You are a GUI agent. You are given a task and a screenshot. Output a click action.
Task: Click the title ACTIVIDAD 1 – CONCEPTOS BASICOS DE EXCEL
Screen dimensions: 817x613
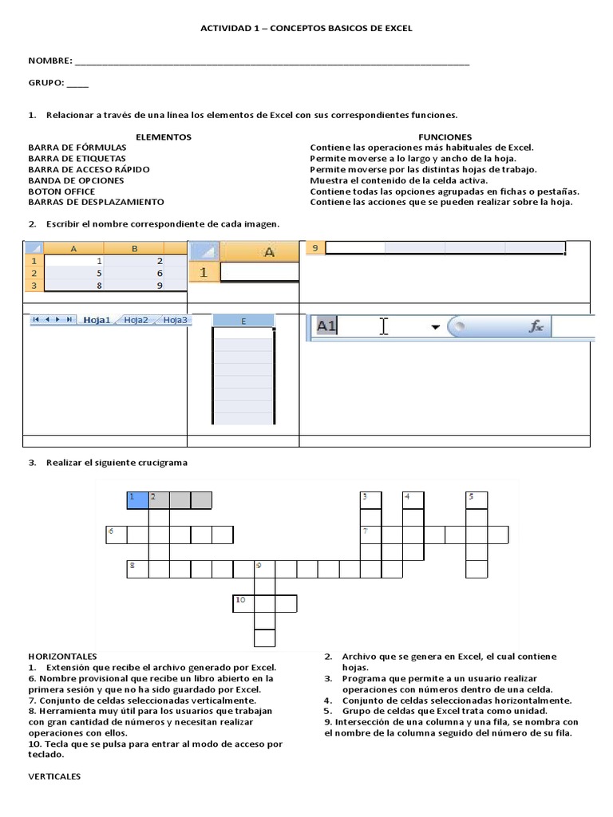point(306,28)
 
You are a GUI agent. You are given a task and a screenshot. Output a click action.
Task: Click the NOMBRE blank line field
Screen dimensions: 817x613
point(271,61)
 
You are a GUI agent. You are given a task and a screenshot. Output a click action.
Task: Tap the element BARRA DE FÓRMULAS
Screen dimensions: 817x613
point(77,148)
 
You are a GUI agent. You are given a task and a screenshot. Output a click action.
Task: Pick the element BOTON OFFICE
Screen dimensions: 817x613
point(61,191)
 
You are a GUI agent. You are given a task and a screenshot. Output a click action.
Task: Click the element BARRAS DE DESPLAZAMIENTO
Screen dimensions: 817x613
point(96,202)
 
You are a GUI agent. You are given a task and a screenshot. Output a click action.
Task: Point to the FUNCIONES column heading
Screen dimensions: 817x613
point(445,136)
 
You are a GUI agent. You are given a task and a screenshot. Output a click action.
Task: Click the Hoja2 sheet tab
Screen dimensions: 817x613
point(136,320)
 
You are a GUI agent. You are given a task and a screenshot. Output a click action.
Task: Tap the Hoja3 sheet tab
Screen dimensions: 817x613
point(175,320)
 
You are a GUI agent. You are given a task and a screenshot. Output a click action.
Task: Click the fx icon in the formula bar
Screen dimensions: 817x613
point(536,326)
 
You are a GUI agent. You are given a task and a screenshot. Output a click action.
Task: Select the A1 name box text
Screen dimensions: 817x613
point(326,326)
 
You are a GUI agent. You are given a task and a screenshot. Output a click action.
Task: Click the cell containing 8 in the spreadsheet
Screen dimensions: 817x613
point(75,285)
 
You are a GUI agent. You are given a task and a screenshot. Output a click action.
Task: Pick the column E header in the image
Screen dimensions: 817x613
point(243,321)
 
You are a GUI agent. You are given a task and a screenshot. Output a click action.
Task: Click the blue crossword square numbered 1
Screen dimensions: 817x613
point(137,499)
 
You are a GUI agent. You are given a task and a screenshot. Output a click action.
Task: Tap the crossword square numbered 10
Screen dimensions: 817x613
point(243,602)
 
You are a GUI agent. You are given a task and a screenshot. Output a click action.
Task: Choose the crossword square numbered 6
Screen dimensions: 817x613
point(117,534)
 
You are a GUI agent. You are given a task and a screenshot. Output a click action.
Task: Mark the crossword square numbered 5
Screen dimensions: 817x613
point(477,499)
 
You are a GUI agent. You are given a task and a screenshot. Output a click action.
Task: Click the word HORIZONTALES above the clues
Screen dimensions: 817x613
point(62,656)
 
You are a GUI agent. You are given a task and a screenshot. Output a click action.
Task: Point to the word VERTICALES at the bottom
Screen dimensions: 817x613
point(54,776)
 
